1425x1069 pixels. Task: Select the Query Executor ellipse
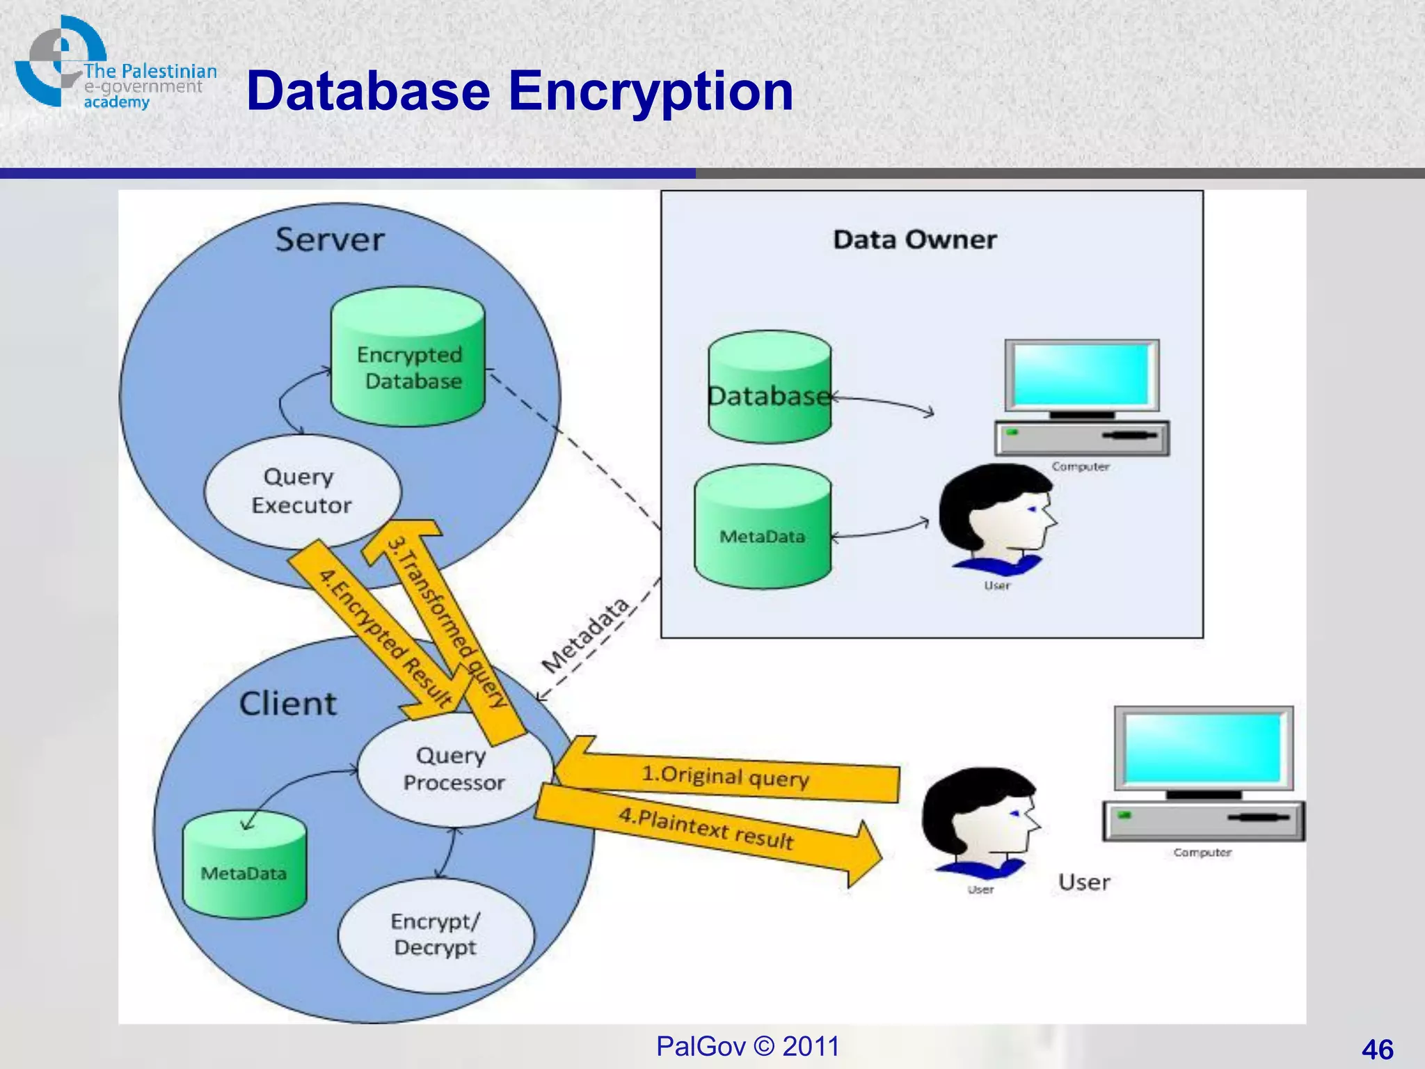302,491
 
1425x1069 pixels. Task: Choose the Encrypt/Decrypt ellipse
436,935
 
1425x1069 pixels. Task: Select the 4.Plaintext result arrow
706,829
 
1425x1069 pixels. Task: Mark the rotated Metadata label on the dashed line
585,635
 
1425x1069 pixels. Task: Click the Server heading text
330,239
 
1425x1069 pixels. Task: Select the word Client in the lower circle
287,704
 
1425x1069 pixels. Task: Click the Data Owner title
914,239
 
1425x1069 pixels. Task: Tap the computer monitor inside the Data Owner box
1081,377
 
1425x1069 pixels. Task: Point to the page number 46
1377,1049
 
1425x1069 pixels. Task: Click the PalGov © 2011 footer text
747,1046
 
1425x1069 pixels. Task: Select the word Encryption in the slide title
651,91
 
